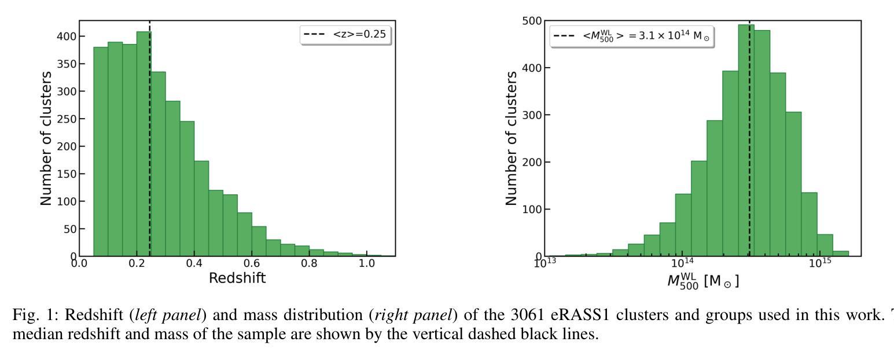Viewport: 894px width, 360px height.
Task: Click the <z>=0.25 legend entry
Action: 346,35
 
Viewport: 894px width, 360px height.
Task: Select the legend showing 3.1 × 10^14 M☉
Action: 632,36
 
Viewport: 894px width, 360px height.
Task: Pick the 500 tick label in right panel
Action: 532,21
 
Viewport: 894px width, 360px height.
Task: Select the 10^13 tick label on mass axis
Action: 545,263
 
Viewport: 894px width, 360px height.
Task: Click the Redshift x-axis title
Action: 237,278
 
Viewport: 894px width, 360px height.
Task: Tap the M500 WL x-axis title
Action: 702,281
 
